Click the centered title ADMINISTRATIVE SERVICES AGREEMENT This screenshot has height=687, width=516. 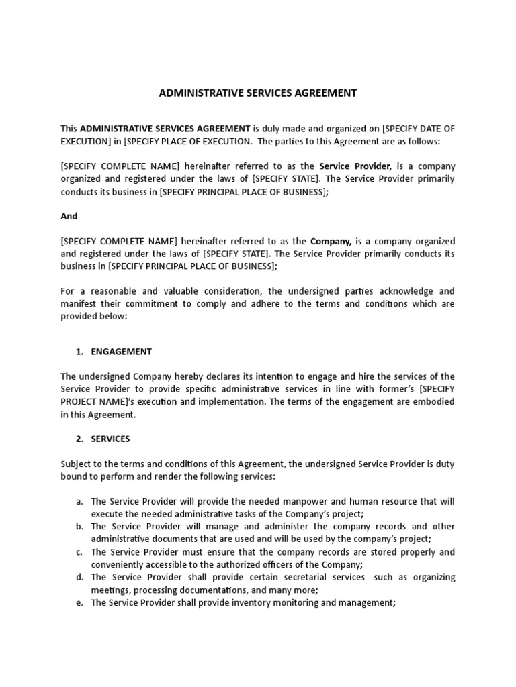coord(258,93)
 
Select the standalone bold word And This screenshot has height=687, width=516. coord(69,216)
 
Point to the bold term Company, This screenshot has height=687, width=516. coord(330,241)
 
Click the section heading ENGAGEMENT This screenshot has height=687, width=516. coord(122,352)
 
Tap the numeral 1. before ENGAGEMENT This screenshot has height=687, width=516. coord(79,352)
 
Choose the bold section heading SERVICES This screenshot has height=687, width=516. coord(111,439)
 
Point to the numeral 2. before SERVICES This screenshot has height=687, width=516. coord(79,439)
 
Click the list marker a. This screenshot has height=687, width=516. coord(79,501)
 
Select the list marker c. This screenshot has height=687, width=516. coord(79,551)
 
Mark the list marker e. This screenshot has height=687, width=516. coord(79,602)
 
